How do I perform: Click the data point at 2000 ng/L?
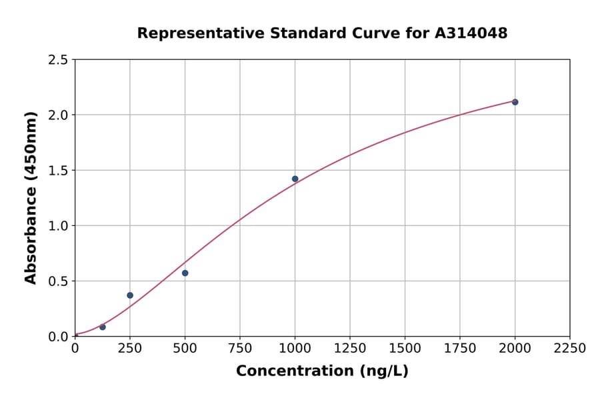pyautogui.click(x=515, y=102)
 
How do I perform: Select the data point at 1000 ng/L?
pyautogui.click(x=295, y=179)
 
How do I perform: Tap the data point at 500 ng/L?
pyautogui.click(x=185, y=273)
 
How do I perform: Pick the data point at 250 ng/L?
pyautogui.click(x=130, y=295)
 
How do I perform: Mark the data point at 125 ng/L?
pyautogui.click(x=103, y=327)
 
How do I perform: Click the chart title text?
pyautogui.click(x=322, y=33)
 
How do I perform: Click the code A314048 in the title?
pyautogui.click(x=471, y=33)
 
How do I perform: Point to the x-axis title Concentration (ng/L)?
pyautogui.click(x=322, y=371)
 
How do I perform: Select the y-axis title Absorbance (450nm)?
pyautogui.click(x=31, y=197)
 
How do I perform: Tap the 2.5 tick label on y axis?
pyautogui.click(x=57, y=60)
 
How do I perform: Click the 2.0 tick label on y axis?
pyautogui.click(x=57, y=115)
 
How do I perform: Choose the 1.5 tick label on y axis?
pyautogui.click(x=57, y=171)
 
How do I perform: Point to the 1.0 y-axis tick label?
pyautogui.click(x=57, y=226)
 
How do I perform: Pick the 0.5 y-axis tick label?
pyautogui.click(x=57, y=281)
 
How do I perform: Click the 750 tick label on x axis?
pyautogui.click(x=240, y=349)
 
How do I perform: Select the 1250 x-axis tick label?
pyautogui.click(x=350, y=349)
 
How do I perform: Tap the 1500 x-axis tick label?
pyautogui.click(x=405, y=349)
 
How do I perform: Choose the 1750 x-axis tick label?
pyautogui.click(x=460, y=349)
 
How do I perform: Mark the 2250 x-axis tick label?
pyautogui.click(x=570, y=349)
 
